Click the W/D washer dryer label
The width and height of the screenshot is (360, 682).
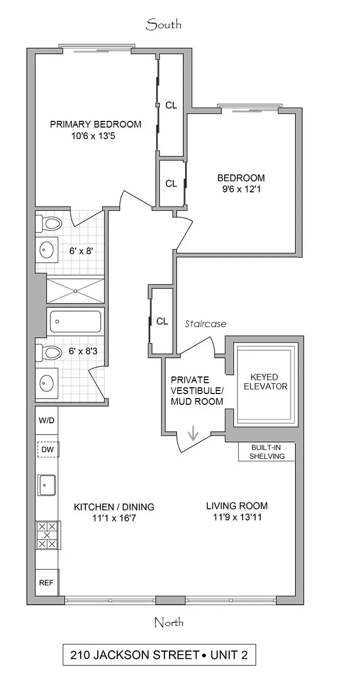click(x=46, y=420)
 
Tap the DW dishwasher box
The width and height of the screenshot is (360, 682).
click(x=47, y=450)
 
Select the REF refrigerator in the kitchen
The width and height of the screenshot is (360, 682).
click(x=46, y=583)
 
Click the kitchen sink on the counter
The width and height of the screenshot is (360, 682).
click(x=47, y=485)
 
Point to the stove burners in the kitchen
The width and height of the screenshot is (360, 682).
click(x=47, y=535)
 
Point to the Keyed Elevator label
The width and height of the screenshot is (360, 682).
click(x=265, y=381)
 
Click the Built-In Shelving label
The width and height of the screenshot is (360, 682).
click(x=266, y=452)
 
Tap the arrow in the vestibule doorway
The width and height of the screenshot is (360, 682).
click(x=193, y=435)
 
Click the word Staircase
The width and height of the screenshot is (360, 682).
click(x=205, y=324)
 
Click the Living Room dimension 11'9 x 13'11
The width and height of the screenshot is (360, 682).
click(x=237, y=517)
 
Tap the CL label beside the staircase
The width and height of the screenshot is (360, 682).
click(x=162, y=321)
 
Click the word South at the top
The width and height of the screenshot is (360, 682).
click(x=164, y=24)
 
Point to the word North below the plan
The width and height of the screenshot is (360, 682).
click(x=169, y=623)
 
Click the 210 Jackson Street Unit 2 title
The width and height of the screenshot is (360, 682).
click(x=159, y=655)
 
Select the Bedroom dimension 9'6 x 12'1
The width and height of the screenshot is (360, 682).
click(x=241, y=189)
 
